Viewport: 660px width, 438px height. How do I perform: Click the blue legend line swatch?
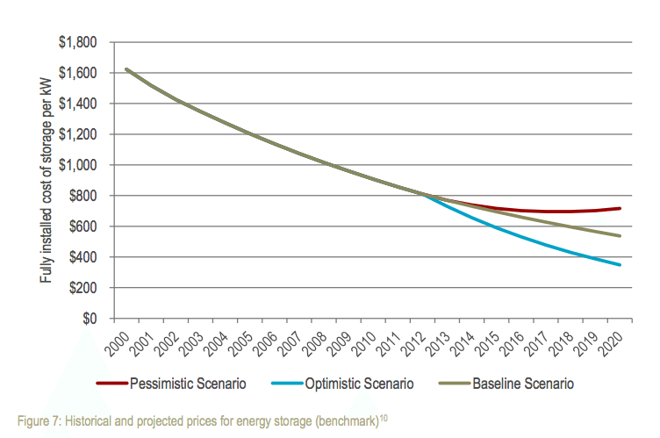[x=280, y=384]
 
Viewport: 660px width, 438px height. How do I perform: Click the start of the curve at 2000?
[x=126, y=68]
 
